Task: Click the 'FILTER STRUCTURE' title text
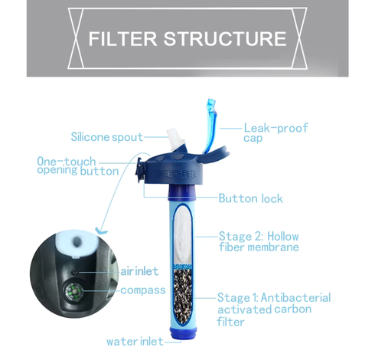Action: [x=187, y=39]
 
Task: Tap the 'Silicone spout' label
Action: [x=107, y=137]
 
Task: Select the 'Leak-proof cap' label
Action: [x=276, y=133]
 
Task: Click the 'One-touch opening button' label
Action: [x=78, y=166]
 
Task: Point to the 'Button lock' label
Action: [x=250, y=198]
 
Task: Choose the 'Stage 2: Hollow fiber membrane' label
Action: [x=259, y=241]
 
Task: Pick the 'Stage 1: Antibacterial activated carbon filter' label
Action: [x=274, y=309]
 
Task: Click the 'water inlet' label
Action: [x=135, y=342]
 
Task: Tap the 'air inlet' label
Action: [x=139, y=271]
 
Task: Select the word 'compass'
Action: [x=143, y=290]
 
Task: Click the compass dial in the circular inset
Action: [x=73, y=292]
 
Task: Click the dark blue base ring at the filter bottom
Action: [x=183, y=334]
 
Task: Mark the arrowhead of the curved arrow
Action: [x=101, y=231]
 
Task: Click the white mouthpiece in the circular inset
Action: [x=77, y=244]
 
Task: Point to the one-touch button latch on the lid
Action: [x=139, y=169]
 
